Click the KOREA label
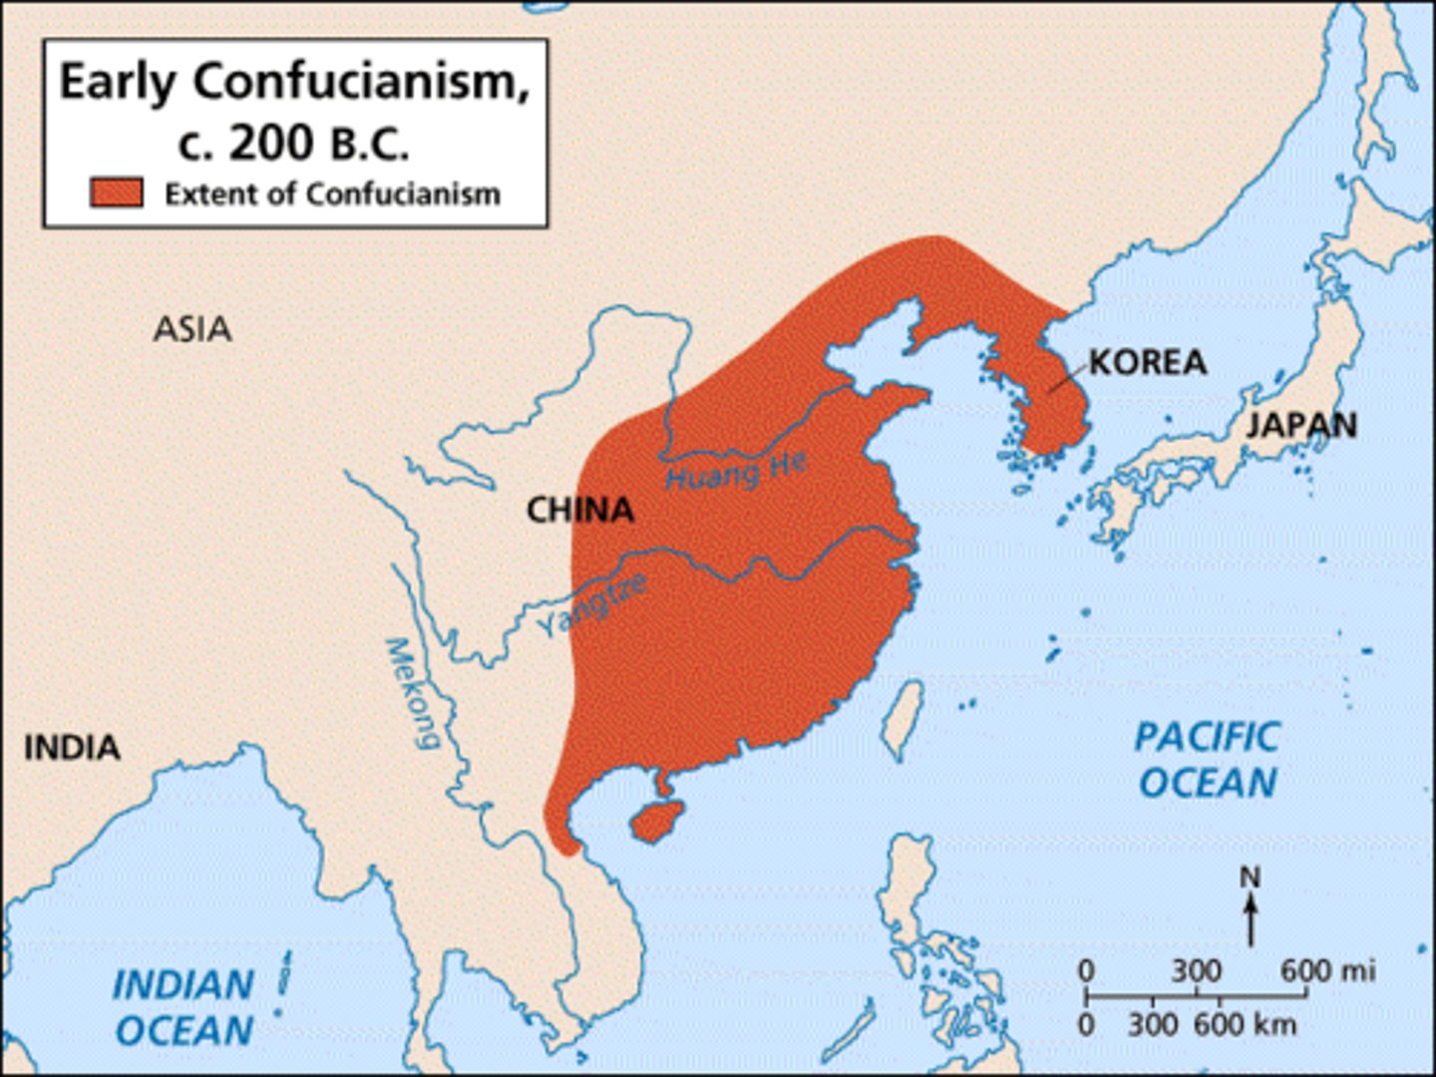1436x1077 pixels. (x=1147, y=362)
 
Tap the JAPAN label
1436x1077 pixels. (x=1301, y=426)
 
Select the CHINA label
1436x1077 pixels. (x=579, y=511)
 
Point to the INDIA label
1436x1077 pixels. (x=72, y=747)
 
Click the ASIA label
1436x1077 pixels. (x=192, y=329)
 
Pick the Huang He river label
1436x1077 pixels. (x=736, y=470)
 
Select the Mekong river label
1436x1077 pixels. (x=412, y=693)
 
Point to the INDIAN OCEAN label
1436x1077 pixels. (x=183, y=1007)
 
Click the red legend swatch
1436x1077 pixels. (x=116, y=192)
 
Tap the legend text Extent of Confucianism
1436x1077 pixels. (x=332, y=193)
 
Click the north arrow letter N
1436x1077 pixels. (x=1250, y=878)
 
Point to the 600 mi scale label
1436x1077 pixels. (x=1326, y=969)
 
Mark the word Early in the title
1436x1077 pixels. (x=119, y=83)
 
